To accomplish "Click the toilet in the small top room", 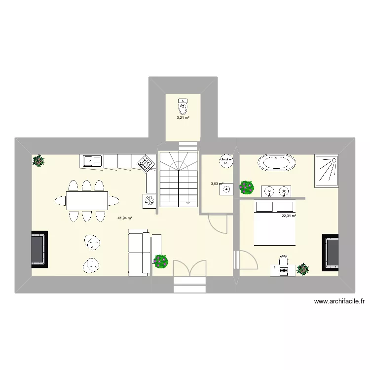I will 184,104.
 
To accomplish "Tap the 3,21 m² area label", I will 184,118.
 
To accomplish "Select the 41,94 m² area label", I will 125,218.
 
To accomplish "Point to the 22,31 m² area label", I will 289,216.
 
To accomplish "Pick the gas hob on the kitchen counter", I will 145,163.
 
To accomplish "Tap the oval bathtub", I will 277,163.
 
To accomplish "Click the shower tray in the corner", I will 326,171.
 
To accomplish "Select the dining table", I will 87,200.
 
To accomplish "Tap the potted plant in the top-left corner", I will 38,160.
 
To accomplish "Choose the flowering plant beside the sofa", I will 161,261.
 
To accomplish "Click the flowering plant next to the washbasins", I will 246,187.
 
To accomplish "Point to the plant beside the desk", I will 302,269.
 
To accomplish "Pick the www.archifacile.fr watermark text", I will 338,302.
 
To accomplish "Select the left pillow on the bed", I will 265,206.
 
